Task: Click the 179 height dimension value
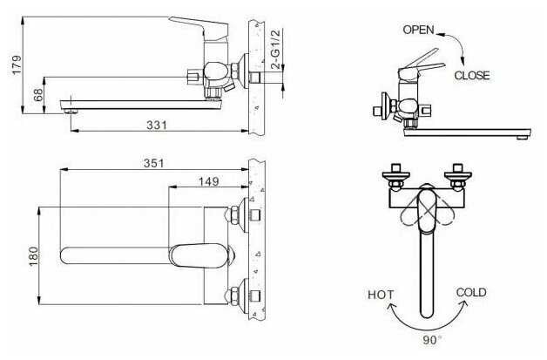(x=17, y=65)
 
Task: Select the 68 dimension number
(x=38, y=95)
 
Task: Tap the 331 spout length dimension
(x=157, y=125)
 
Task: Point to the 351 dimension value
(x=154, y=163)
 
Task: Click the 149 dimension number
(x=209, y=181)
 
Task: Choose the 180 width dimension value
(x=34, y=256)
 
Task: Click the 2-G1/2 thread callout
(x=275, y=49)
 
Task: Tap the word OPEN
(x=419, y=30)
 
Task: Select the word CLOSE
(x=472, y=76)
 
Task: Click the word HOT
(x=381, y=295)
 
